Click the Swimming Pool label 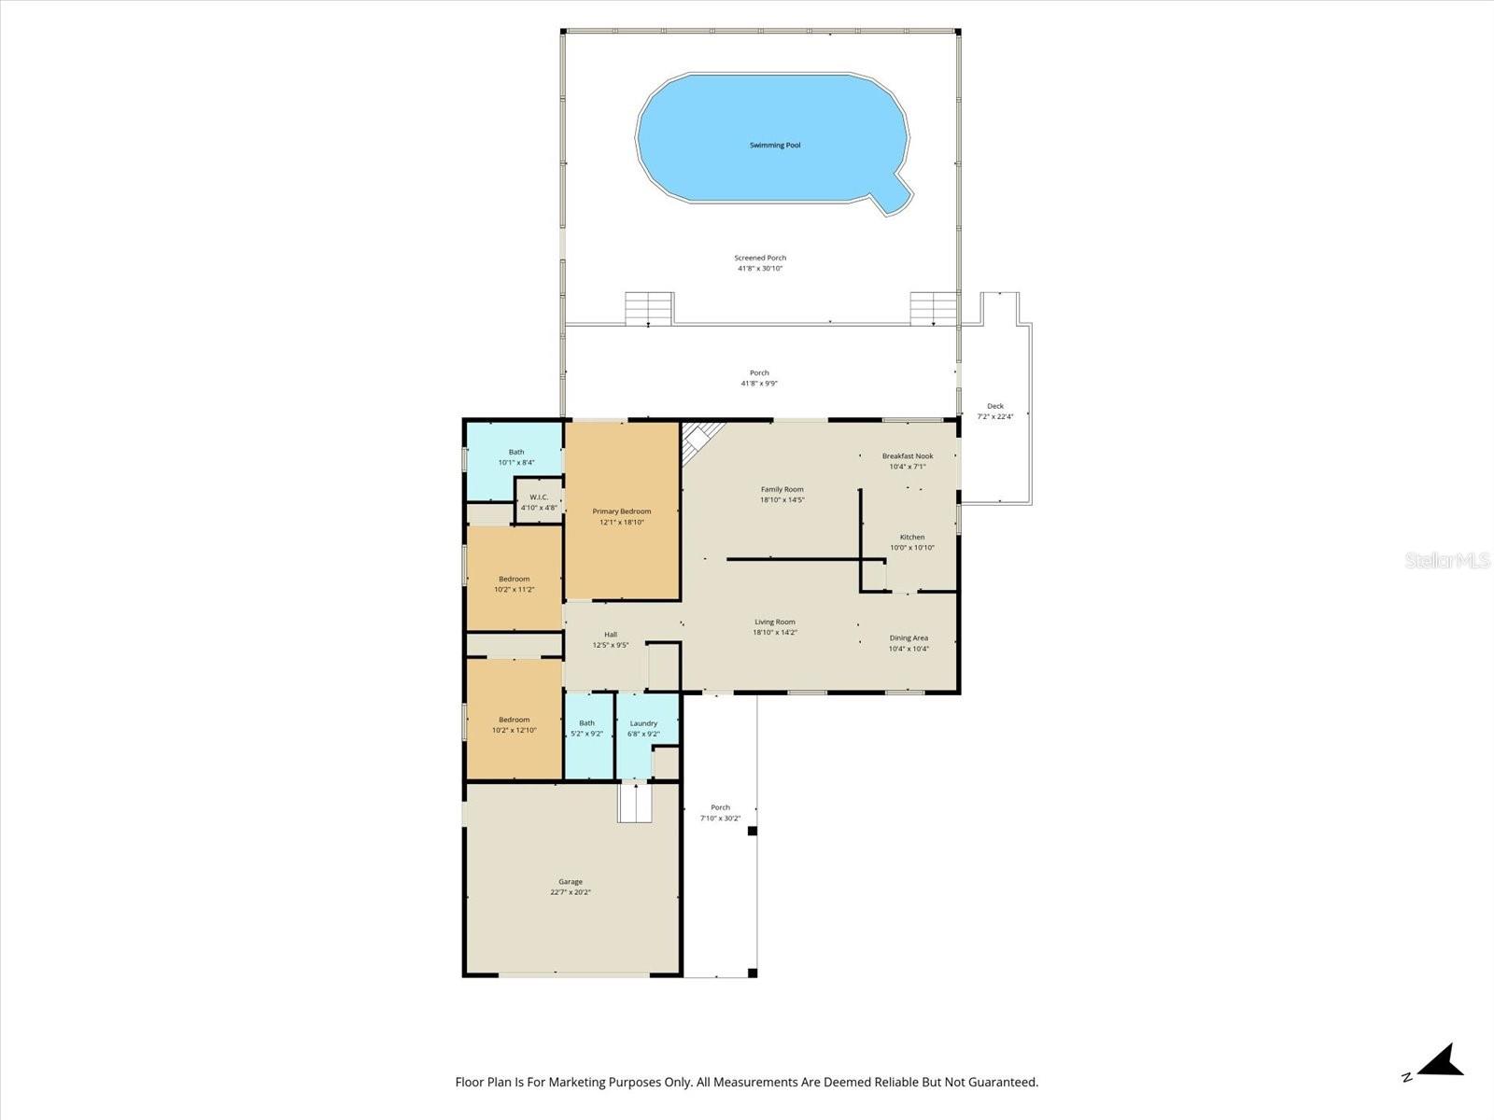coord(775,146)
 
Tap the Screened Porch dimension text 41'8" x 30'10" coord(760,269)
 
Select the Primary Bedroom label coord(621,511)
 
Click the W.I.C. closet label coord(539,497)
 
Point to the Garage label coord(571,882)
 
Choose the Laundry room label coord(643,723)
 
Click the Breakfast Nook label coord(908,456)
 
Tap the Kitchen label coord(912,538)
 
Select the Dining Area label coord(909,638)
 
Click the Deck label coord(995,406)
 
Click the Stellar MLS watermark coord(1447,561)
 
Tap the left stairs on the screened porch coord(649,308)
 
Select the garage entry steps coord(634,804)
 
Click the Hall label coord(611,635)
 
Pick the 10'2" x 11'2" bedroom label coord(514,580)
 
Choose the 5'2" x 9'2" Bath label coord(586,723)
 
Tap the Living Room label coord(775,623)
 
